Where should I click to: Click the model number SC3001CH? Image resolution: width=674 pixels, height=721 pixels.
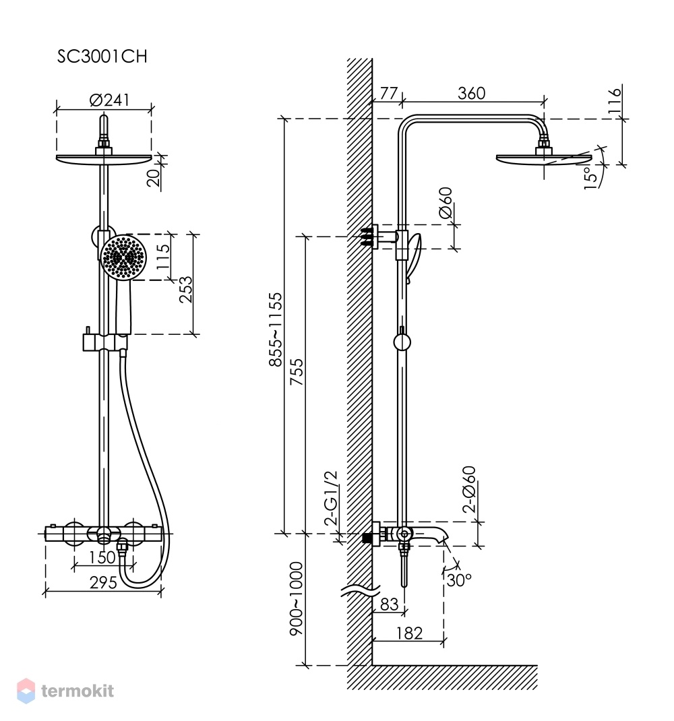coord(102,56)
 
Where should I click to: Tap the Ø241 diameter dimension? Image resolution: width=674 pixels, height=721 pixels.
coord(109,100)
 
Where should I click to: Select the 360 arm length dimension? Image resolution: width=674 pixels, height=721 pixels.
coord(472,94)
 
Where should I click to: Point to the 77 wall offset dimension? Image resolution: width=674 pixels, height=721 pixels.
coord(389,94)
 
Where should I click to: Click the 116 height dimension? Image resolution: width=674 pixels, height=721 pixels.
coord(614,102)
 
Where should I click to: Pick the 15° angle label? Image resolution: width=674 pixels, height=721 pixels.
coord(590,177)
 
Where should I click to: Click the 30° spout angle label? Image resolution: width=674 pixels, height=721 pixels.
coord(459,580)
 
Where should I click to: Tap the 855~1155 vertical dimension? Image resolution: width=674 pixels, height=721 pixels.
coord(276,330)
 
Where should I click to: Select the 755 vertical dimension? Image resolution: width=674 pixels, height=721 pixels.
coord(297,371)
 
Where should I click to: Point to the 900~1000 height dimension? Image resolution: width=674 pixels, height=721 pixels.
coord(297,598)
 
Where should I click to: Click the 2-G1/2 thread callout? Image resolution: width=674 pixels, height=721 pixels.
coord(331,498)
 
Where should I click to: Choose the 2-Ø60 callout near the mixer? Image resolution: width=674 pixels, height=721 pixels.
coord(469,489)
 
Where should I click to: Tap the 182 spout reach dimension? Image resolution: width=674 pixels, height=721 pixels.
coord(409,633)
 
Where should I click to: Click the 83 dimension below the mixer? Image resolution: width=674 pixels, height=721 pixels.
coord(389,604)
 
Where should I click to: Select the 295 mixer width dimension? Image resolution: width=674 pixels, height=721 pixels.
coord(103,583)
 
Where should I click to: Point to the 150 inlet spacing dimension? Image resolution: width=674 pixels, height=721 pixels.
coord(102,557)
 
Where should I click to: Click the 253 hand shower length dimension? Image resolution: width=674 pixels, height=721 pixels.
coord(186,289)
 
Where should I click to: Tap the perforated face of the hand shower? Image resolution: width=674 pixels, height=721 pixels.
coord(123,257)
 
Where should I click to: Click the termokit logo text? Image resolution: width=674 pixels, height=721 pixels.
coord(78,691)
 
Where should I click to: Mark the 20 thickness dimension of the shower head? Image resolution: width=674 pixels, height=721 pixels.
coord(154,177)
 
